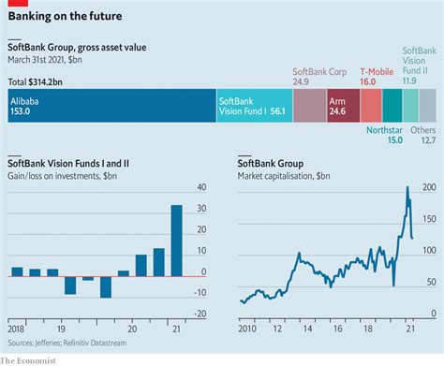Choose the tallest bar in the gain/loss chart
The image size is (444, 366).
coord(176,241)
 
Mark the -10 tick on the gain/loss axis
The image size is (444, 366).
coord(200,294)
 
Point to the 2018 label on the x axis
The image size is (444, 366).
coord(17,330)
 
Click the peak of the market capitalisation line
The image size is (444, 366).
coord(407,187)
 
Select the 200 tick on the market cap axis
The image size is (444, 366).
coord(430,188)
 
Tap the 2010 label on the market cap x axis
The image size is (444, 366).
coord(248,330)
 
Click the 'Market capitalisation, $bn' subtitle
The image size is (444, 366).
coord(284,174)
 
